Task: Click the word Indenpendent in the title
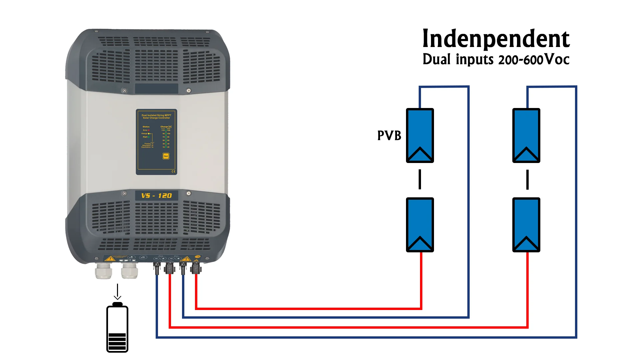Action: (x=496, y=39)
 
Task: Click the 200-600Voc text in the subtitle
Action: (x=534, y=60)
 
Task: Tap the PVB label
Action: (x=389, y=136)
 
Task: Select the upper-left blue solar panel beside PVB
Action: (x=420, y=135)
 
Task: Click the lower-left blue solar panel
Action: (x=420, y=225)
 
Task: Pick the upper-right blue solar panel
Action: (x=526, y=135)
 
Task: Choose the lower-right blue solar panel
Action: (x=526, y=225)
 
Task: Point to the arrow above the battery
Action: (x=117, y=292)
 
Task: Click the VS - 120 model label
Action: (x=156, y=196)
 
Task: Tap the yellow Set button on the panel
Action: (x=166, y=156)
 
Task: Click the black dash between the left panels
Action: (x=420, y=179)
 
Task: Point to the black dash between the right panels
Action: (x=527, y=179)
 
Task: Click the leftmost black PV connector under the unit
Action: (x=157, y=268)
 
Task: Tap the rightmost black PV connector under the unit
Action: (x=196, y=268)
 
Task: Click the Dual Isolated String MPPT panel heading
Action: (x=156, y=116)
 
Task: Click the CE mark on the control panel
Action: (x=173, y=171)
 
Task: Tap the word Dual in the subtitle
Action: (x=436, y=60)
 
